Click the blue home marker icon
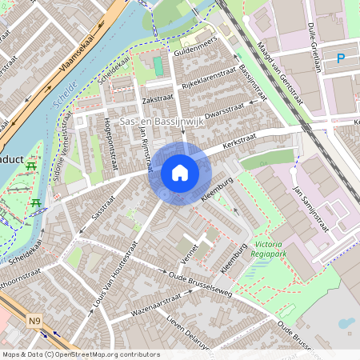(x=180, y=173)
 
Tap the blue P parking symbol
(x=341, y=58)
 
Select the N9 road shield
(x=34, y=322)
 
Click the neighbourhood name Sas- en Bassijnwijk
(x=162, y=121)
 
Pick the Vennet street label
(x=190, y=258)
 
